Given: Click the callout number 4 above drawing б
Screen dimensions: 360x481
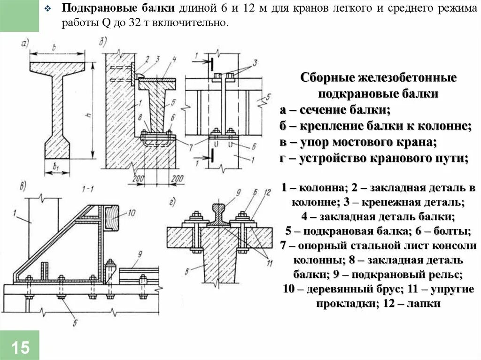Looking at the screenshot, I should click(x=174, y=58).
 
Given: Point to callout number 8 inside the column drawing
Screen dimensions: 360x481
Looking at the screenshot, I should click(x=140, y=117).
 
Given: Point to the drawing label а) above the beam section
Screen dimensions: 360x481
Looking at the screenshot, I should click(x=25, y=45).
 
